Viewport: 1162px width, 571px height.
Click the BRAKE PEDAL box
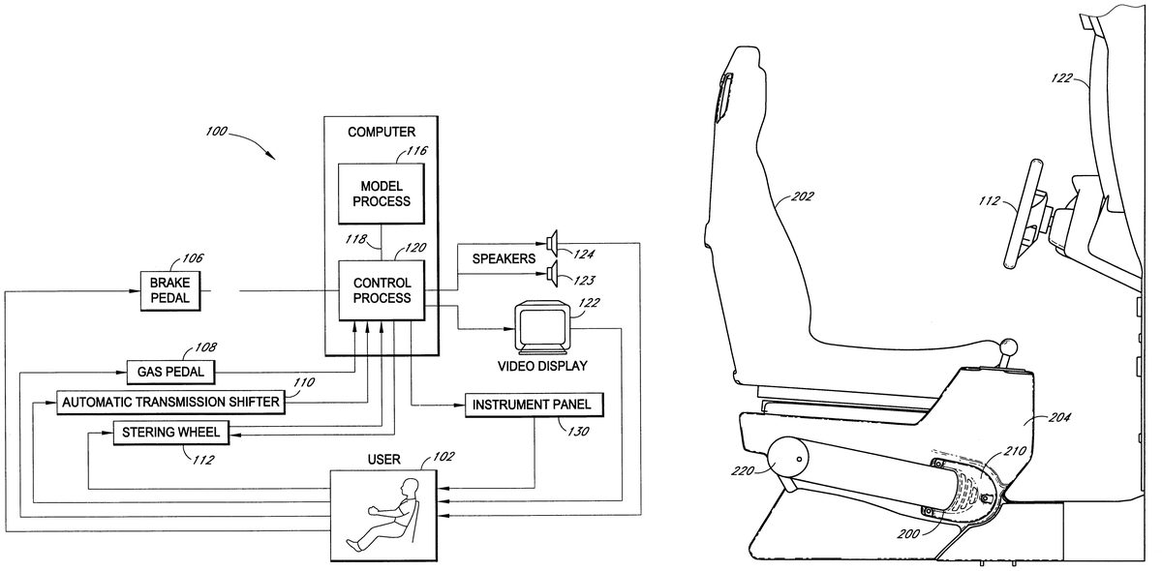click(x=170, y=290)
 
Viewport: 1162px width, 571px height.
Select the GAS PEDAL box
click(x=171, y=372)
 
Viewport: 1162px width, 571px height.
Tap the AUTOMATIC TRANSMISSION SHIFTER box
click(x=170, y=401)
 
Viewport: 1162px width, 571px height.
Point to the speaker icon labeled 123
click(x=553, y=275)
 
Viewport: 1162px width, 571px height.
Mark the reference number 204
click(x=1060, y=420)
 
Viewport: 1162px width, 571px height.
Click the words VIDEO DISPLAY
click(x=541, y=366)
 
